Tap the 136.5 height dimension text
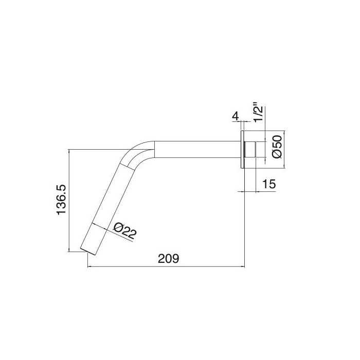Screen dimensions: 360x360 pos(61,201)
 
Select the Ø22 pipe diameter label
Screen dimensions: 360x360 pos(123,230)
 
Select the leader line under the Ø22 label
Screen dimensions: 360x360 pos(111,230)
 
